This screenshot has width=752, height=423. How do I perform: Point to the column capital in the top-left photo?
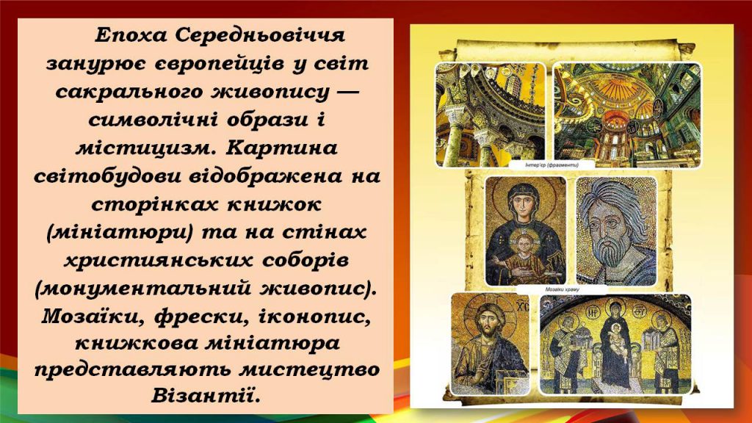coord(456,117)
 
